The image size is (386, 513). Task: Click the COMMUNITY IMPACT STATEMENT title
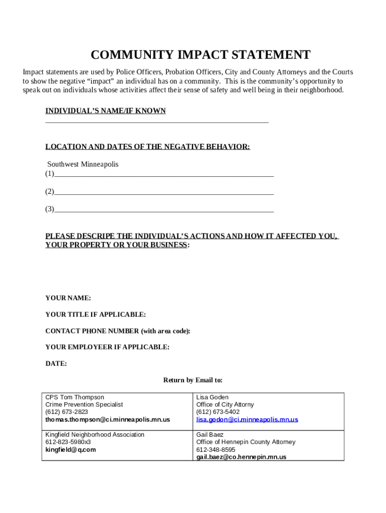[x=201, y=55]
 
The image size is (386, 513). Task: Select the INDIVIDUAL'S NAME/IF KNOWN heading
[x=105, y=111]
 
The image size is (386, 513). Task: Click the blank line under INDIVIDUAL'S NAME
[x=157, y=121]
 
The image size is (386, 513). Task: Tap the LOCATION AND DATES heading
[x=147, y=147]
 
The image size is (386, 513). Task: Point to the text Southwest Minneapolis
[x=83, y=164]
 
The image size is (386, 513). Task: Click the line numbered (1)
[x=163, y=175]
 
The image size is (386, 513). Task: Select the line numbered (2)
[x=163, y=192]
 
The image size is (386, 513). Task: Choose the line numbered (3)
[x=163, y=210]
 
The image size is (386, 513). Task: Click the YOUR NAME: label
[x=68, y=298]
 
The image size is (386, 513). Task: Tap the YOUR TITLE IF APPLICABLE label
[x=96, y=315]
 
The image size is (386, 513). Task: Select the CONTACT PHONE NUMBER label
[x=118, y=331]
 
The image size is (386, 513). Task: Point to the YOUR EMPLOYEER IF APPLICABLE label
[x=107, y=347]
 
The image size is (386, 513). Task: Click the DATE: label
[x=56, y=364]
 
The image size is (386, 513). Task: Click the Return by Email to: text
[x=193, y=380]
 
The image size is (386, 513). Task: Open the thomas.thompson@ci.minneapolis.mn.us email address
[x=108, y=419]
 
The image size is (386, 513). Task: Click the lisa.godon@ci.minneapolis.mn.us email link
[x=247, y=419]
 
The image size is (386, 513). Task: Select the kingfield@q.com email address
[x=71, y=449]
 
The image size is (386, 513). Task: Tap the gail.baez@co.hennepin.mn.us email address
[x=241, y=457]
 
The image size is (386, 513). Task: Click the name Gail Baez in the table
[x=210, y=434]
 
